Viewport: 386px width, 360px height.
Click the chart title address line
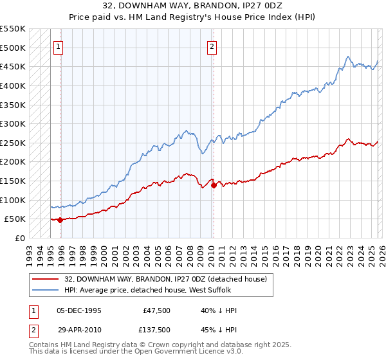click(193, 5)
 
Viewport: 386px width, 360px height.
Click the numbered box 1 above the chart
click(59, 46)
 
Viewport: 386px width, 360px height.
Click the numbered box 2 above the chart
click(212, 46)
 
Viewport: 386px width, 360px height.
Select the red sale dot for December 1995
click(60, 220)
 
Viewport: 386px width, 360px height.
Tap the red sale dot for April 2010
click(214, 186)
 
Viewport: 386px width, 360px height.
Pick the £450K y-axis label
click(13, 66)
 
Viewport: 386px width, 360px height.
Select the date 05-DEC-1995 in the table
click(79, 310)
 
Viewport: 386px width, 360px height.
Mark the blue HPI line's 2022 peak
click(347, 56)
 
